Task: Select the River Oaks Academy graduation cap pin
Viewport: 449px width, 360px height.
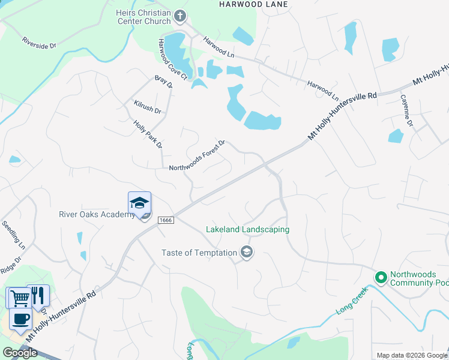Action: tap(139, 202)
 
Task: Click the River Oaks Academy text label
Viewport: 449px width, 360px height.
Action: tap(97, 215)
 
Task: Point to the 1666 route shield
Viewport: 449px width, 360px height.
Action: tap(166, 221)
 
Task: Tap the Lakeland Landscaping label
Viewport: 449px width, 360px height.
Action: tap(247, 229)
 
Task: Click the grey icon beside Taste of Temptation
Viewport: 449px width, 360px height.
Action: tap(246, 253)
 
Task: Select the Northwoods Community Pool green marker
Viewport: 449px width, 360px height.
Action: tap(380, 277)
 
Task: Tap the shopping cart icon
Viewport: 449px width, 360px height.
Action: tap(19, 298)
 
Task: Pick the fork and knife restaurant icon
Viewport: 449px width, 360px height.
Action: tap(38, 295)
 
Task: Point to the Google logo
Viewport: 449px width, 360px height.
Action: tap(20, 353)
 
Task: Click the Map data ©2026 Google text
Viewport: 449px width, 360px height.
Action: tap(412, 355)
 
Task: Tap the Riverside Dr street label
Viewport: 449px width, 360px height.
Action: tap(38, 43)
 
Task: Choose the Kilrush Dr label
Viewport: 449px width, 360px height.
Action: tap(148, 107)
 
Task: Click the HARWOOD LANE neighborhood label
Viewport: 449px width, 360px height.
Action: tap(253, 4)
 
